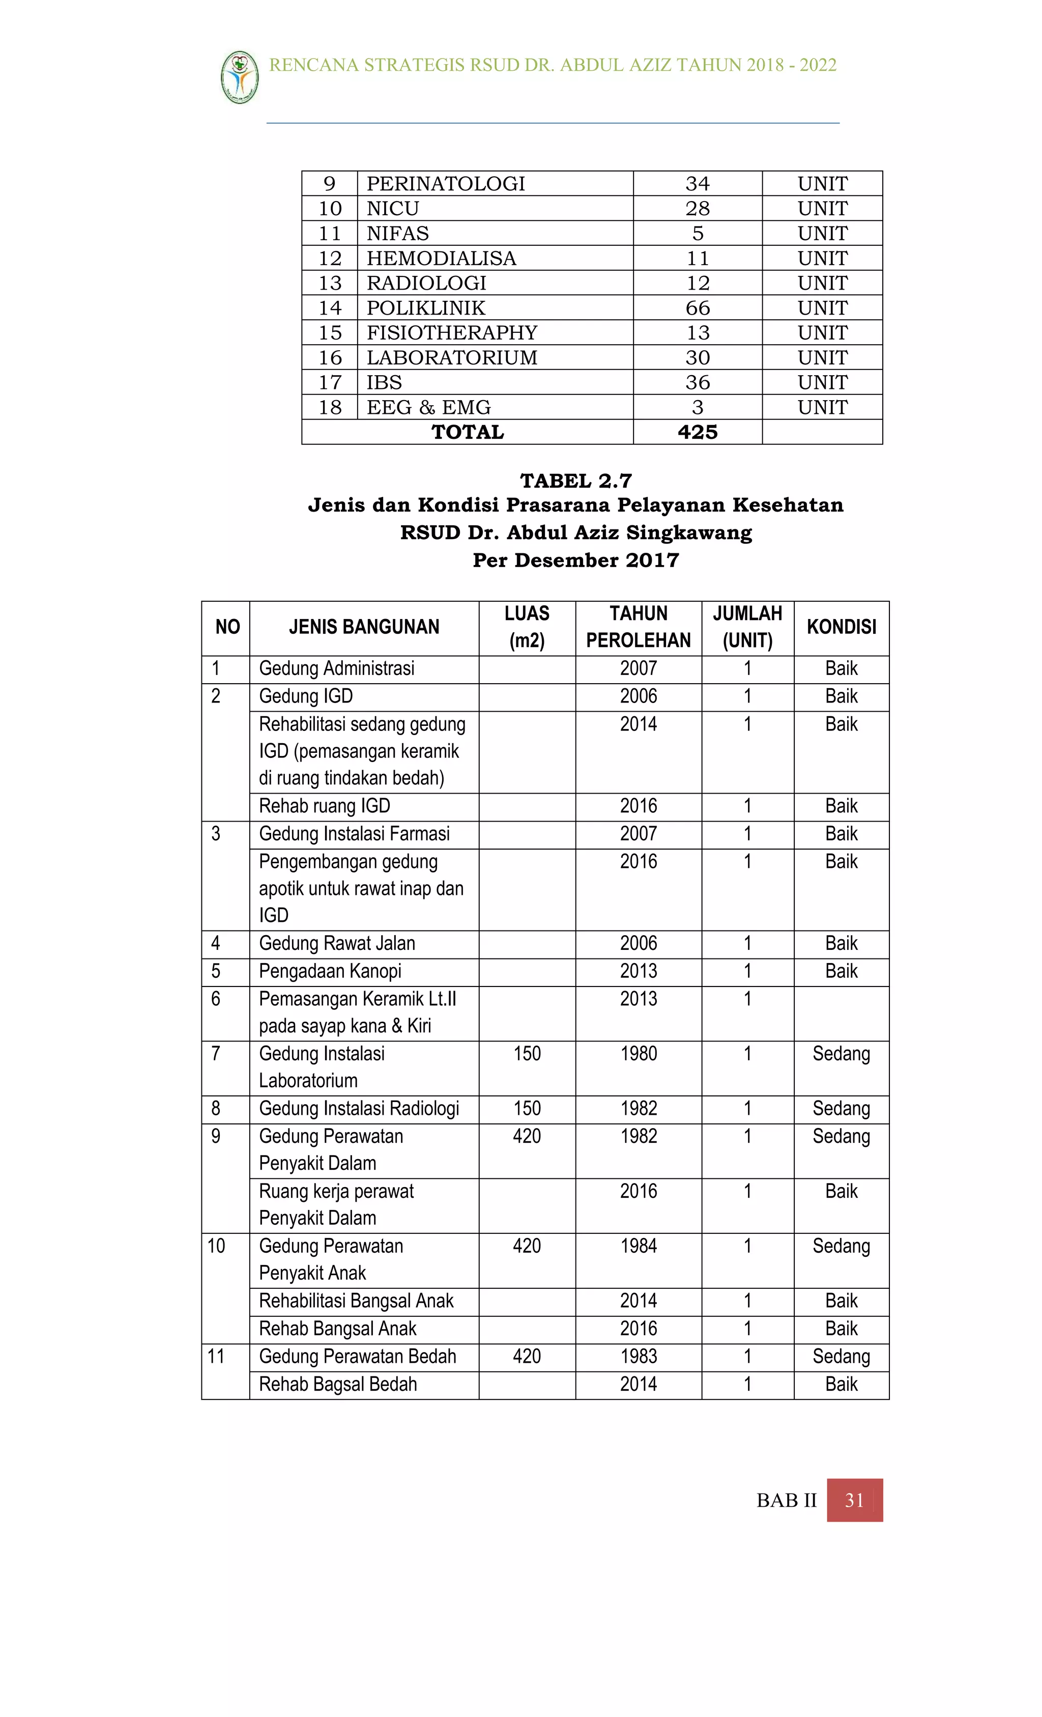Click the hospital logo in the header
click(x=240, y=77)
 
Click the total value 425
click(x=697, y=432)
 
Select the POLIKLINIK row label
click(x=425, y=308)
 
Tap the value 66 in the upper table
click(x=697, y=308)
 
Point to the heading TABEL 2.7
click(x=575, y=481)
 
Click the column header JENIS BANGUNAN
click(x=364, y=627)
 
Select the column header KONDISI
click(x=841, y=627)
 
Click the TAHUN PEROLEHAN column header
click(x=638, y=627)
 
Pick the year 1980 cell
click(x=638, y=1054)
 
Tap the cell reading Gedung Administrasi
click(x=336, y=669)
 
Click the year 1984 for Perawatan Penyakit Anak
click(x=638, y=1246)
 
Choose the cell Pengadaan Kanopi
click(x=330, y=971)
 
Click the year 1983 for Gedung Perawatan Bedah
click(x=638, y=1356)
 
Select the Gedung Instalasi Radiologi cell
click(x=359, y=1109)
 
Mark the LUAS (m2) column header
click(x=527, y=627)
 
